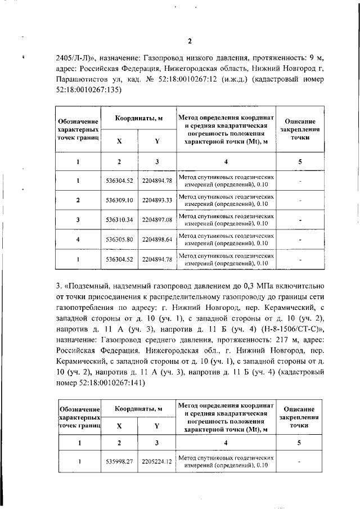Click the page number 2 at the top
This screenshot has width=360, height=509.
(190, 40)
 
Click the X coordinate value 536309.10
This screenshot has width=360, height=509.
(119, 200)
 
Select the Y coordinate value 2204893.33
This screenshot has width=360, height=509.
(157, 200)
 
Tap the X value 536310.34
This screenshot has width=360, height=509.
(119, 220)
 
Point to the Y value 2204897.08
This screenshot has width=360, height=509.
(157, 220)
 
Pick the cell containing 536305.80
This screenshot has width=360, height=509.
(119, 240)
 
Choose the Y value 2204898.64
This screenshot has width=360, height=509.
(157, 240)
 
